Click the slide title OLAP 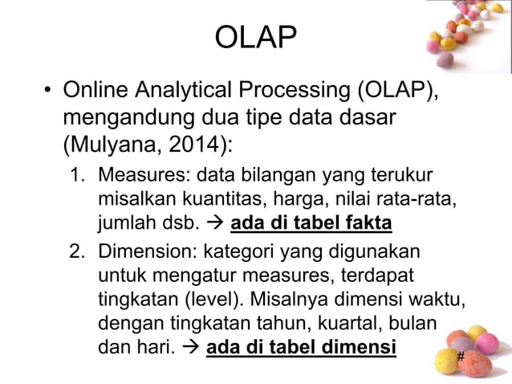256,36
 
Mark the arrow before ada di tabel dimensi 191,350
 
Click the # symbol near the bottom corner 461,355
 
